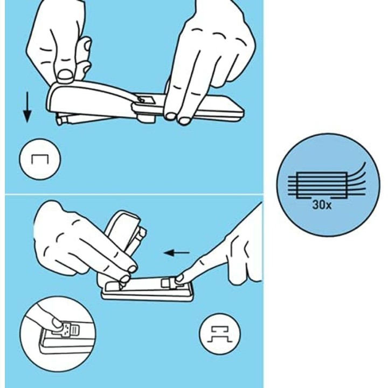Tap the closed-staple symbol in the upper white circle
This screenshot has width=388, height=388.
(40, 159)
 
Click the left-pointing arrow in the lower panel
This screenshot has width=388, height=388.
(177, 252)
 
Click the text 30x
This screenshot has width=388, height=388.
(322, 205)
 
